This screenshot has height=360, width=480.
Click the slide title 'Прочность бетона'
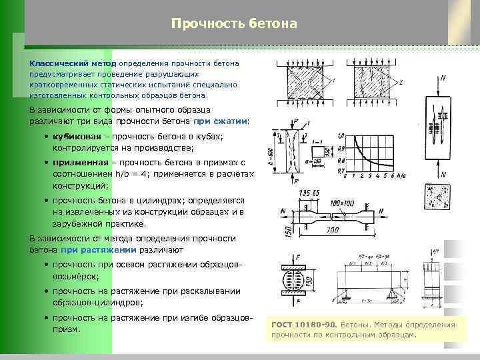(x=233, y=24)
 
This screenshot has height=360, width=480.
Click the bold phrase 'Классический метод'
(x=71, y=63)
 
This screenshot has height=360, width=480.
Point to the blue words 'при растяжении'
(x=99, y=250)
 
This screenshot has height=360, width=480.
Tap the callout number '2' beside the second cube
(x=401, y=83)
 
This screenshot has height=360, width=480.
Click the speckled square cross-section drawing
(x=437, y=199)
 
